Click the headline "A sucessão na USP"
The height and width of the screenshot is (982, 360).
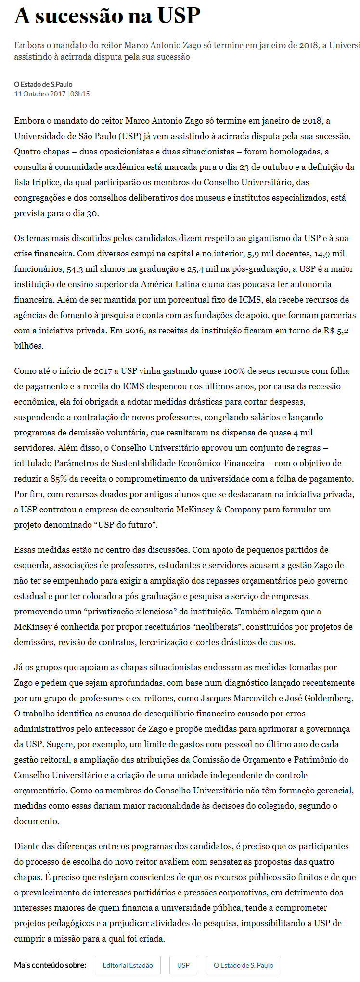point(107,16)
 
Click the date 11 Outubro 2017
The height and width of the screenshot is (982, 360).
point(40,94)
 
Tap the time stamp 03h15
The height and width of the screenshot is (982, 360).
point(80,94)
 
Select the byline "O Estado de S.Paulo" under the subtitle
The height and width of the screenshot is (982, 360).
point(43,84)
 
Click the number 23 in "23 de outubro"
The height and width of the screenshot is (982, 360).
point(258,167)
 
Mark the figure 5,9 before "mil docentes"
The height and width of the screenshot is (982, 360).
point(254,254)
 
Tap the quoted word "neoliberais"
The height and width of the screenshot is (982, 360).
point(250,627)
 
